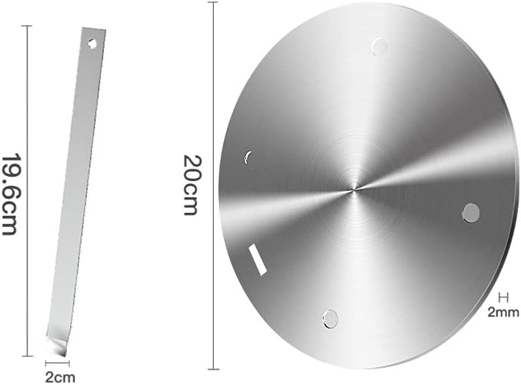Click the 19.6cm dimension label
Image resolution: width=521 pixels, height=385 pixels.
(10, 194)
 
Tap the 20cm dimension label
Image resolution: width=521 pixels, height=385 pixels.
(190, 185)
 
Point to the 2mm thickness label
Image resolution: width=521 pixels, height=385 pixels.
(503, 312)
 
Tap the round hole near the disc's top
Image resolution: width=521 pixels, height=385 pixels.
(380, 47)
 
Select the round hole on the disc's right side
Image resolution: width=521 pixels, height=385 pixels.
(470, 213)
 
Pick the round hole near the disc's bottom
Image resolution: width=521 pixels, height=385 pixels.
(330, 319)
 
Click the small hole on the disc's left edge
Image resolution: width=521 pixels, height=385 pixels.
(248, 157)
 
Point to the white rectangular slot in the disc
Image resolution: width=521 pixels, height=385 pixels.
(258, 260)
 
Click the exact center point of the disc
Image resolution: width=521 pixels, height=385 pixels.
(354, 190)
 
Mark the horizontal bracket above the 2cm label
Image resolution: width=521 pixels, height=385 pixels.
(57, 363)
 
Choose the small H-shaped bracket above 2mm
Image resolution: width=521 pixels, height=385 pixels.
(504, 297)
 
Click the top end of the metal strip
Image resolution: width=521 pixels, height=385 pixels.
(94, 31)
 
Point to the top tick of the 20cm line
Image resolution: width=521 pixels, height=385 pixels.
(214, 2)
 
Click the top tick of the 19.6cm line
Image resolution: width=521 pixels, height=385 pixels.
(28, 26)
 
